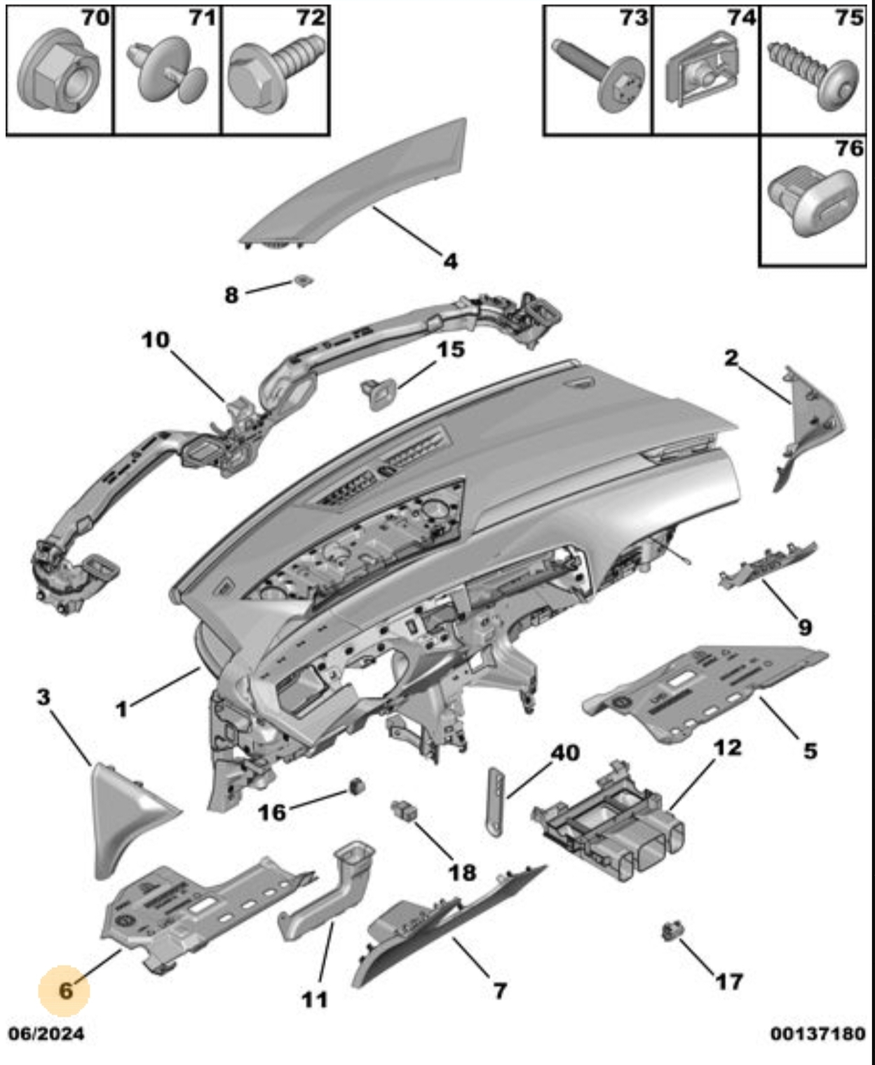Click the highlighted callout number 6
(65, 990)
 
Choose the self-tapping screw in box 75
(816, 74)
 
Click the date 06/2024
(46, 1033)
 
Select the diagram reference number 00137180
(818, 1033)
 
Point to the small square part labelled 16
(358, 785)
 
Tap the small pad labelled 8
(303, 281)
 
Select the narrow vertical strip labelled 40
(496, 799)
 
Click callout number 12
(727, 748)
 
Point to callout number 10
(156, 340)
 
